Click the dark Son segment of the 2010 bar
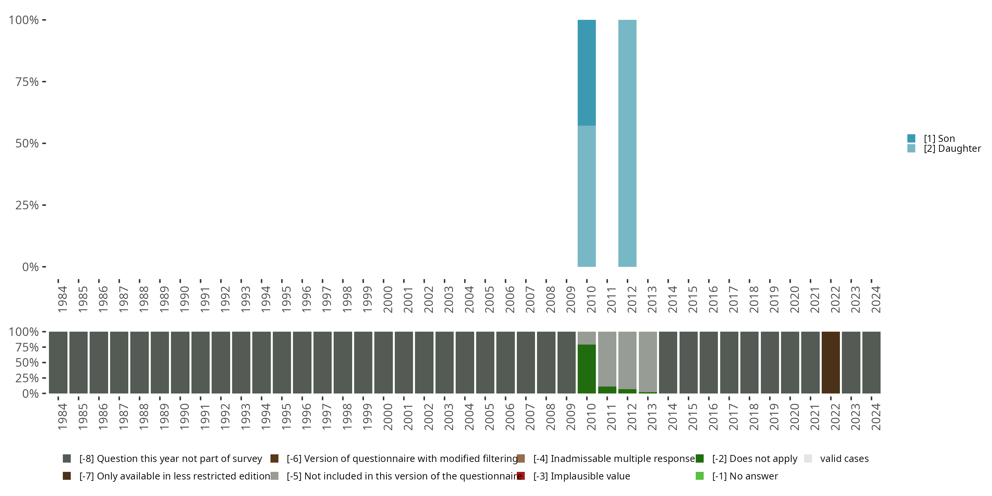[587, 72]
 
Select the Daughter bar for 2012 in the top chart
[627, 143]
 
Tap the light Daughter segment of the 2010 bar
[587, 196]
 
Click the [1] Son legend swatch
[911, 138]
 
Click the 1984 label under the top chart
[62, 299]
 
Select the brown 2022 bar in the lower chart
[831, 362]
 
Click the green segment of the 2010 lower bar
[587, 369]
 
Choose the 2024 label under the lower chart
[875, 417]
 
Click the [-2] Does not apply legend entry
[754, 459]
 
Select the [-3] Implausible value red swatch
[521, 476]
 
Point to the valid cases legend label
[844, 459]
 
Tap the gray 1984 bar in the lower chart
[58, 362]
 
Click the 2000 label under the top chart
[388, 299]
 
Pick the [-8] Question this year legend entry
[170, 459]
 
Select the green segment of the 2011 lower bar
[607, 390]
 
